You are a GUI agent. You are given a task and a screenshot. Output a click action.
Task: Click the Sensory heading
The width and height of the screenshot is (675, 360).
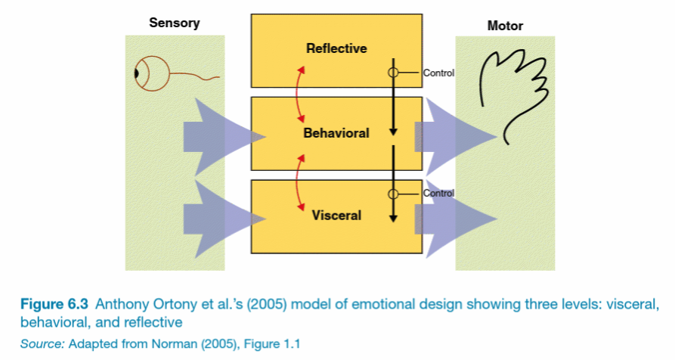point(175,23)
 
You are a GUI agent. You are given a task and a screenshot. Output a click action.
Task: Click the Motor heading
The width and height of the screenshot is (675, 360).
point(505,26)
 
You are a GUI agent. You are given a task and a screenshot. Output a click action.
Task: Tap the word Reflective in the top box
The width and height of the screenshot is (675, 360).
point(336,48)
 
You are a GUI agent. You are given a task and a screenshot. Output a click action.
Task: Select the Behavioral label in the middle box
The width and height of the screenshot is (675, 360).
point(336,133)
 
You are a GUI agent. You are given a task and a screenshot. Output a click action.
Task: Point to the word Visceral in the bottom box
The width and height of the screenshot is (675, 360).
point(336,216)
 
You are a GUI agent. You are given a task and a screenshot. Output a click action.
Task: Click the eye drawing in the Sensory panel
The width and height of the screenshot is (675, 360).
point(145,74)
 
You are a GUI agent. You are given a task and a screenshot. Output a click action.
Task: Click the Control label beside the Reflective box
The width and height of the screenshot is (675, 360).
point(438,73)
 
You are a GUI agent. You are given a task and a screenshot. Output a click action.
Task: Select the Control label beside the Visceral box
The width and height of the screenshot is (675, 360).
point(438,194)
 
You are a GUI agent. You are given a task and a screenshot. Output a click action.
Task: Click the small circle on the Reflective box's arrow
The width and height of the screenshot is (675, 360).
point(393,73)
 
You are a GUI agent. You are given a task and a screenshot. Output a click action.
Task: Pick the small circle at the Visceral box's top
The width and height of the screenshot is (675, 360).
point(393,194)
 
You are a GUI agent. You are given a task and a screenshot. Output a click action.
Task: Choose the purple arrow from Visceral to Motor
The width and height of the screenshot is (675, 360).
point(457,216)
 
